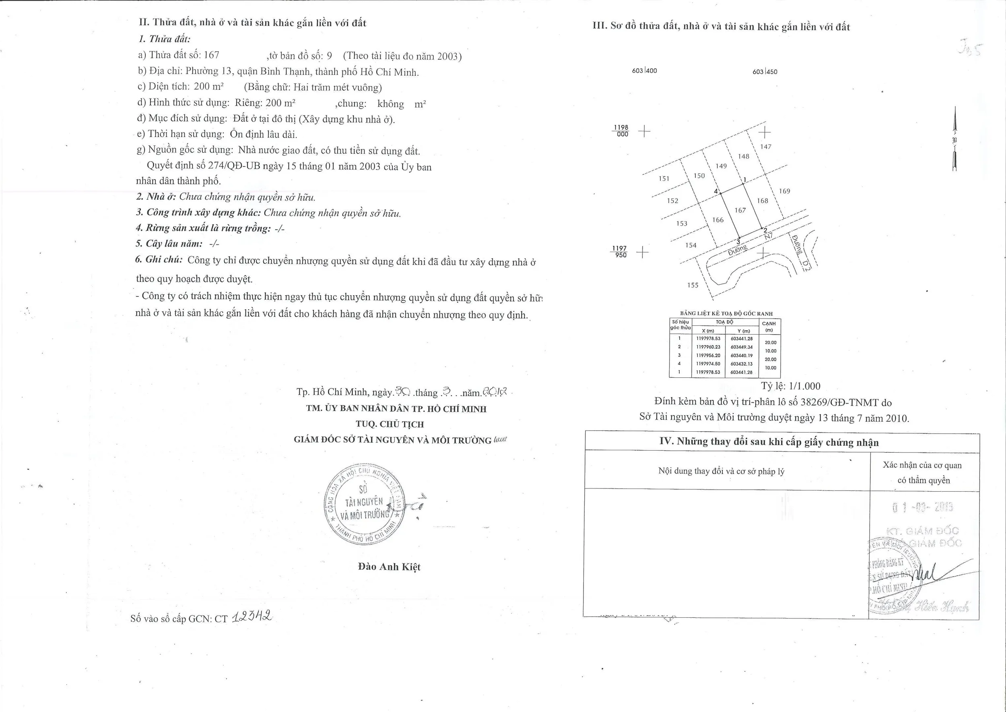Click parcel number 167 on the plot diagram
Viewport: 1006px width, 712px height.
coord(740,211)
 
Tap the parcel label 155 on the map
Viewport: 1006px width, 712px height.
coord(693,286)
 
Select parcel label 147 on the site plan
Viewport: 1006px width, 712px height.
coord(766,147)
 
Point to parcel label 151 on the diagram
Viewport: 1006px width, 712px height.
coord(664,178)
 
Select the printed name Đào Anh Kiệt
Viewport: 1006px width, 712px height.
coord(389,567)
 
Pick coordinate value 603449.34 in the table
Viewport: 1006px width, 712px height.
coord(742,347)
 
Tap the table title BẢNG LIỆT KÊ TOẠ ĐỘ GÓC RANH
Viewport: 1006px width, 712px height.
coord(726,313)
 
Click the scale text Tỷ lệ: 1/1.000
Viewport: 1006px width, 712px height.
coord(791,386)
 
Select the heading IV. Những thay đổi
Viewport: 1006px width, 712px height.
coord(769,442)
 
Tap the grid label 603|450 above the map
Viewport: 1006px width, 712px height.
coord(765,71)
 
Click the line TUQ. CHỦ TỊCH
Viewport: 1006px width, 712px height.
coord(390,424)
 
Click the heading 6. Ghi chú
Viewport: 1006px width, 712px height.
coord(159,259)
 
